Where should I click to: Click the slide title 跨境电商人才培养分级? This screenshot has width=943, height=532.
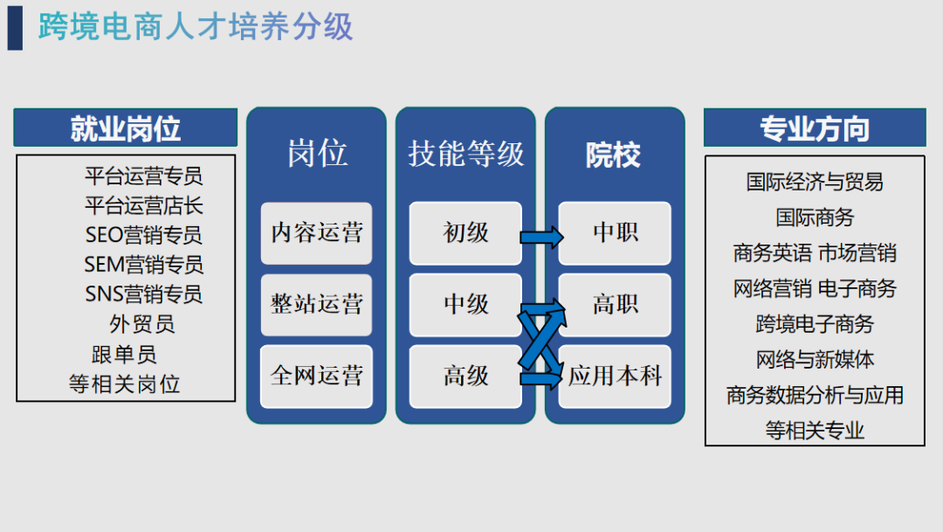tap(196, 27)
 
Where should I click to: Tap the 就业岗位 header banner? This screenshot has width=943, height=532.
tap(125, 128)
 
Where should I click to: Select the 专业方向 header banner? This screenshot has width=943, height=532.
tap(814, 128)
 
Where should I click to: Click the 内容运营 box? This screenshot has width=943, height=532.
tap(316, 233)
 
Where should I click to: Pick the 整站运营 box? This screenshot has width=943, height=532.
tap(316, 304)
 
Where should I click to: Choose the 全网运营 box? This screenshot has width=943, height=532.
tap(316, 377)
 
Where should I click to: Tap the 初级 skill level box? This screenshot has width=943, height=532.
tap(465, 233)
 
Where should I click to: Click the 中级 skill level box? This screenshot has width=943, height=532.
tap(465, 304)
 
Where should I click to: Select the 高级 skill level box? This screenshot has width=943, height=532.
tap(465, 377)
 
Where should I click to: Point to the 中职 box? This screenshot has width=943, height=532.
tap(616, 233)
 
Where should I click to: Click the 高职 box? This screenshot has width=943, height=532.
tap(616, 304)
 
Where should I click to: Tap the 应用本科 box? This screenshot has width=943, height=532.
tap(616, 377)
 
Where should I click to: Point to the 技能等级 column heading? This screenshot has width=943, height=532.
tap(465, 154)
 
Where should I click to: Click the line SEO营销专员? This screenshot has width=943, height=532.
tap(143, 235)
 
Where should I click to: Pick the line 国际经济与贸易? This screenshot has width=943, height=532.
tap(814, 182)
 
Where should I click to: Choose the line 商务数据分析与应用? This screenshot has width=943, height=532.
tap(814, 395)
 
